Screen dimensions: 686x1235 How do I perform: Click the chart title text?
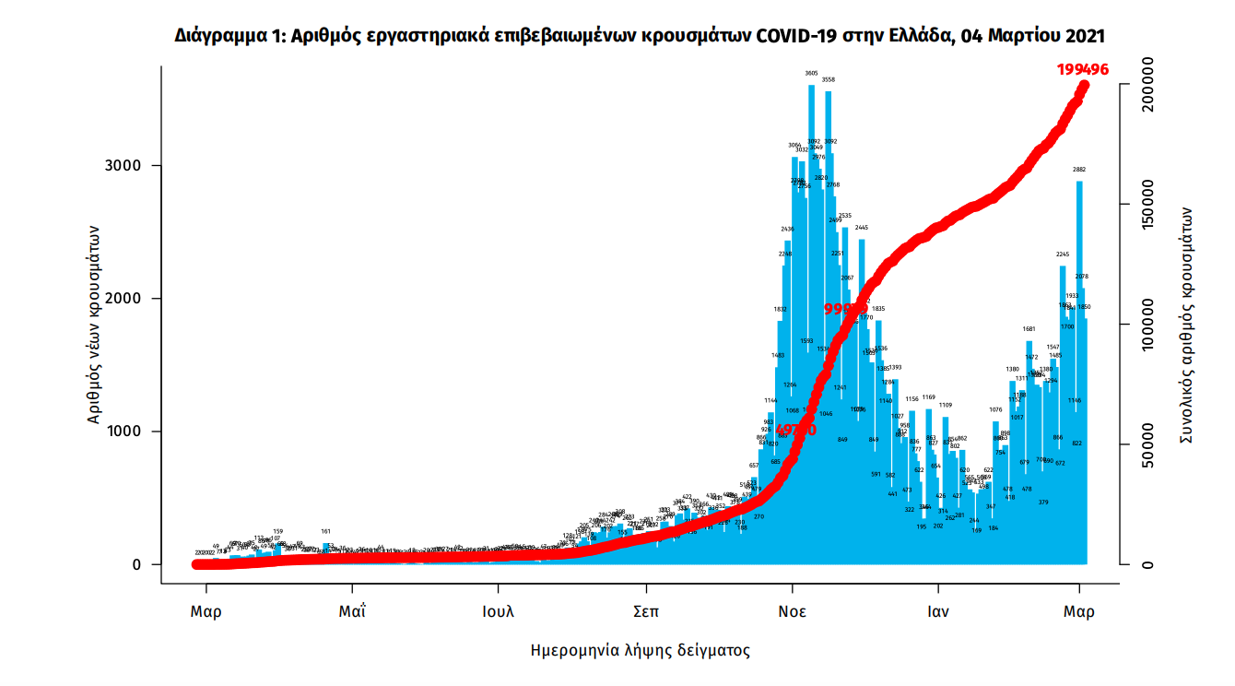[640, 36]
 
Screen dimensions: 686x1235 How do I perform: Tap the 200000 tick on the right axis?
[1147, 86]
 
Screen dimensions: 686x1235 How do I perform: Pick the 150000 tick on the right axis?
[1147, 206]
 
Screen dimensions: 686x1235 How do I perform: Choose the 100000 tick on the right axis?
[1147, 325]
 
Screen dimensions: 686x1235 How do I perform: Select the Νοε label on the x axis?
[793, 611]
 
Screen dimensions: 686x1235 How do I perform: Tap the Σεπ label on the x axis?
[646, 611]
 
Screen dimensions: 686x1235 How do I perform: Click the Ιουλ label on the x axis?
[499, 611]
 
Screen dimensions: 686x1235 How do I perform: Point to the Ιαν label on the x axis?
[938, 611]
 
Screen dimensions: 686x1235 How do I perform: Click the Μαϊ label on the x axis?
[352, 611]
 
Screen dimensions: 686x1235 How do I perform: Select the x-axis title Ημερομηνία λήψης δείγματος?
[640, 651]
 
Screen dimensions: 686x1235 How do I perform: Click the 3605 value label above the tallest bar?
[811, 73]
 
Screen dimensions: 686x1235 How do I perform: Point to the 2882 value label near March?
[1079, 170]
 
